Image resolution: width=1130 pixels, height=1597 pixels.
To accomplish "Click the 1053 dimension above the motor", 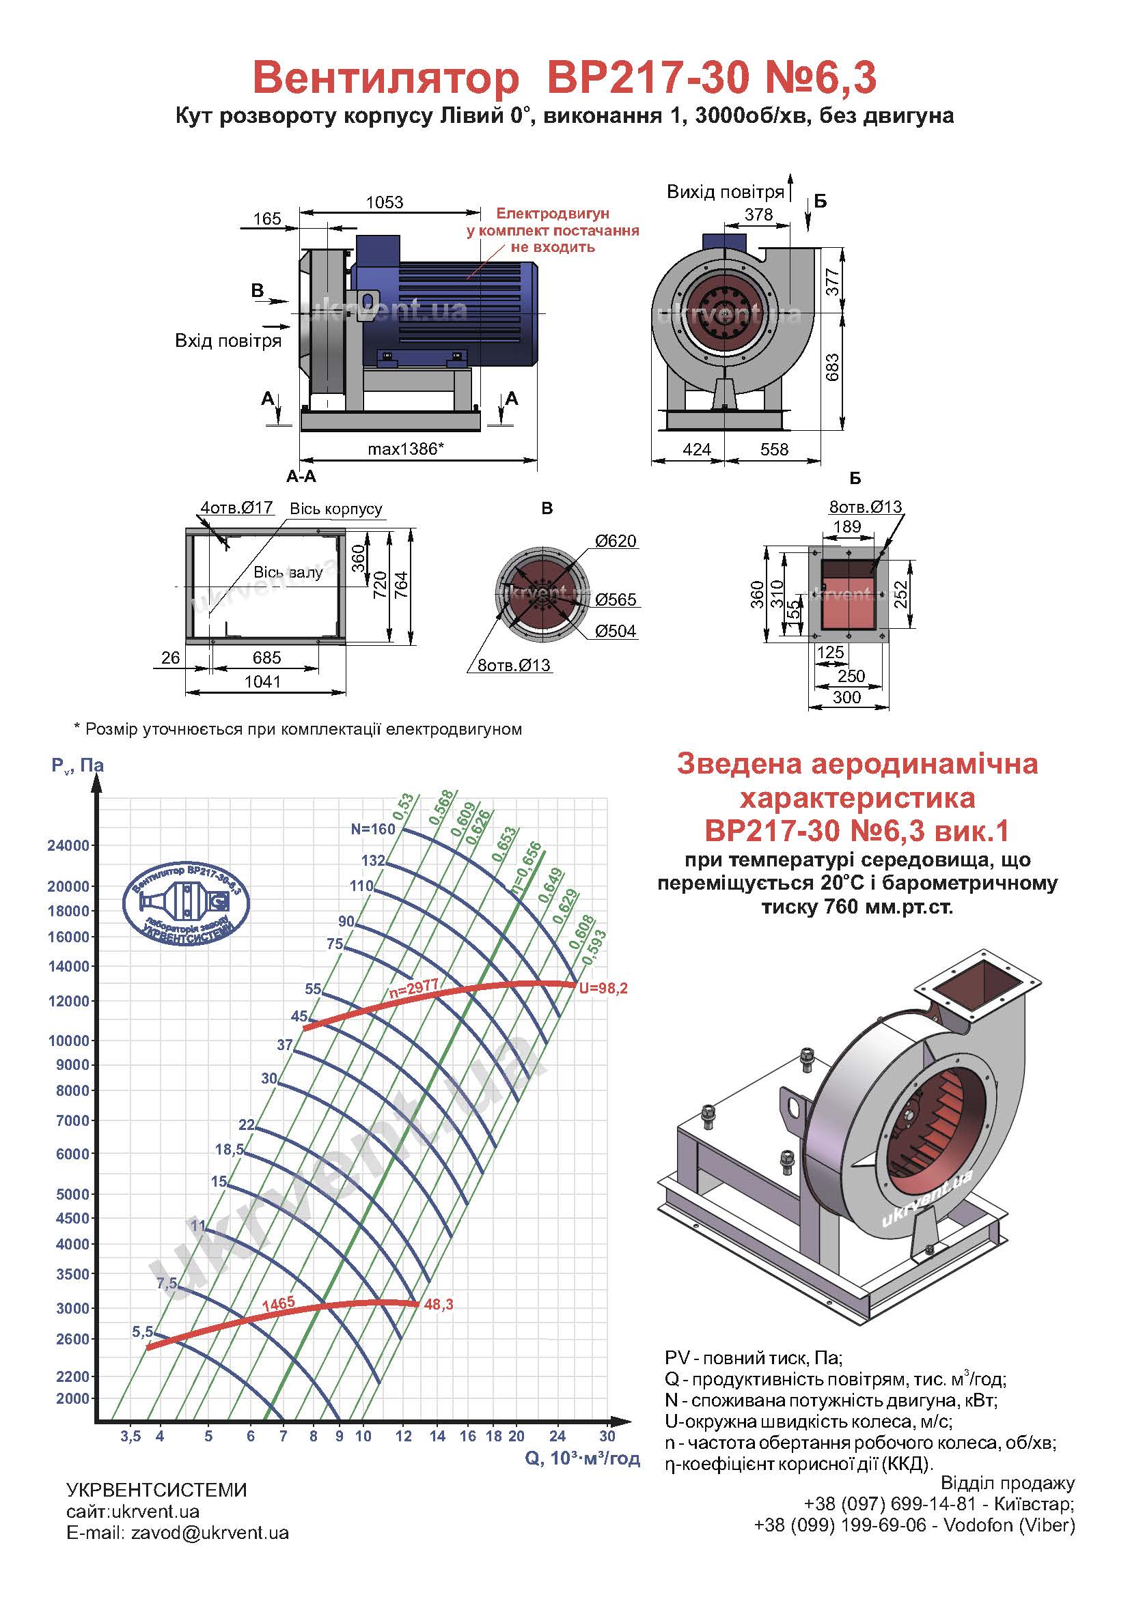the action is tap(385, 202).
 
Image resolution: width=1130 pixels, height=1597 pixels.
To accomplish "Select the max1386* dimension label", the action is tap(406, 449).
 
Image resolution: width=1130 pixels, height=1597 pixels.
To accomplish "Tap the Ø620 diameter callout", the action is tap(615, 541).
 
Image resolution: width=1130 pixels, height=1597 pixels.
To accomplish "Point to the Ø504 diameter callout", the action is tap(615, 631).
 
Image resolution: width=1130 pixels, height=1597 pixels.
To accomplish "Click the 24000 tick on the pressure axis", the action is tap(68, 846).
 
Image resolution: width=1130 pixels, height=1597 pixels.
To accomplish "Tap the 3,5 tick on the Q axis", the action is tap(130, 1437).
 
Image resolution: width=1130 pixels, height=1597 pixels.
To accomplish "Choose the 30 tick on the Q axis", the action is tap(607, 1436).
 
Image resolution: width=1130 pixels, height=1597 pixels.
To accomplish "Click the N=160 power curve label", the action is tap(373, 829).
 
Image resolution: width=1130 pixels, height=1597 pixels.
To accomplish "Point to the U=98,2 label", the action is tap(603, 989).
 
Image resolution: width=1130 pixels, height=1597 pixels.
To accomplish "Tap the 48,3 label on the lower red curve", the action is tap(439, 1305).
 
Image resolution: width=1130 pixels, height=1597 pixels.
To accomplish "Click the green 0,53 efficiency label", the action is tap(404, 806).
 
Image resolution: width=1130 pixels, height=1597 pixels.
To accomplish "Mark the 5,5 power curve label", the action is tap(143, 1332).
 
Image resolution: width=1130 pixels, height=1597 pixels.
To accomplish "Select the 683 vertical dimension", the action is tap(832, 367).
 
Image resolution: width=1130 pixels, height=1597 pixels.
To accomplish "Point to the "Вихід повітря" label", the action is tap(726, 192).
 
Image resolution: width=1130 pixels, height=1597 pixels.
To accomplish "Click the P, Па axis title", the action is tap(78, 766).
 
